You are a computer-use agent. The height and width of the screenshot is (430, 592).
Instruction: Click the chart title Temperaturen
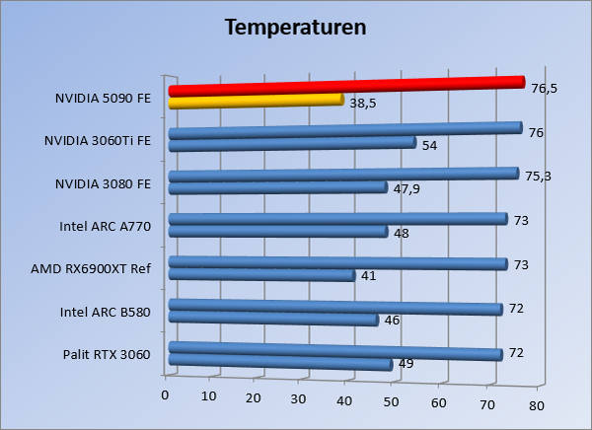coord(296,27)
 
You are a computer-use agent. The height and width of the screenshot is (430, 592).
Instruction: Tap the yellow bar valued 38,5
coord(257,101)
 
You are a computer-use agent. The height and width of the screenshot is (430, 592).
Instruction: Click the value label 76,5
coord(544,89)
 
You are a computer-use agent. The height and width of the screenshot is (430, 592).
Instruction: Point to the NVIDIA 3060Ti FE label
coord(98,141)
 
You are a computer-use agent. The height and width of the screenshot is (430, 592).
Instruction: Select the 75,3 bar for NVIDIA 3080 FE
coord(343,177)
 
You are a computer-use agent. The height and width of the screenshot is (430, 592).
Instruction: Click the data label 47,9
coord(407,188)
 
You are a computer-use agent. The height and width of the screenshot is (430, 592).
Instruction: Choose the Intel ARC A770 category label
coord(106,227)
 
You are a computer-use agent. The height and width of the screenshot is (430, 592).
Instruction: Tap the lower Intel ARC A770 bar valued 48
coord(278,233)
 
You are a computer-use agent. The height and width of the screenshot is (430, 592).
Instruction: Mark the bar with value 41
coord(261,276)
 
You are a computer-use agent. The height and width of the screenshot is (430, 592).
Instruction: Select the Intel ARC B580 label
coord(106,313)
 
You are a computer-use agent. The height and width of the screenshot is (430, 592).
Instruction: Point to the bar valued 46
coord(273,320)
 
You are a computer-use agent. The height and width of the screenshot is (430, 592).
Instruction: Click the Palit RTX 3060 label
coord(107,355)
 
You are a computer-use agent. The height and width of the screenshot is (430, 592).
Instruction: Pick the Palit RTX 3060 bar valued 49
coord(280,363)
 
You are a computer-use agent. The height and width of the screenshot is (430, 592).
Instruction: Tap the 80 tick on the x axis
coord(537,405)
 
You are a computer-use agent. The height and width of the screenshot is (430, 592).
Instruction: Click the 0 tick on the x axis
coord(165,394)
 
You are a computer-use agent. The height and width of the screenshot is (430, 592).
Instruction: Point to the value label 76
coord(537,133)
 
